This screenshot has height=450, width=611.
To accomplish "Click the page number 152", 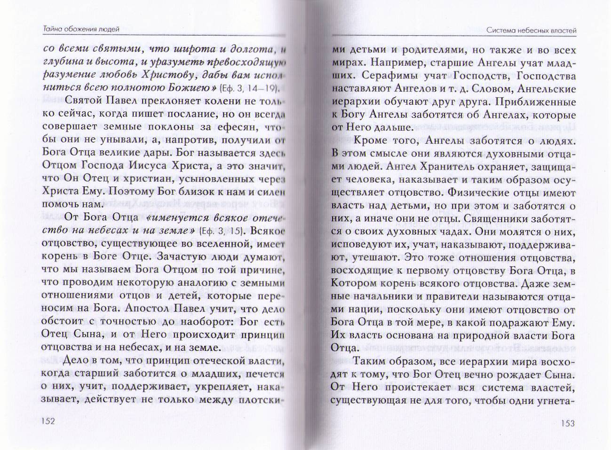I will [48, 421].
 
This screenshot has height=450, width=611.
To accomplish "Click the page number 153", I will [568, 423].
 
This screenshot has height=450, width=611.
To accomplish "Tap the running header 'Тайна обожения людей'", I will [78, 29].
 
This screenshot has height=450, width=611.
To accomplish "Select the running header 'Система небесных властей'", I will [532, 31].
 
